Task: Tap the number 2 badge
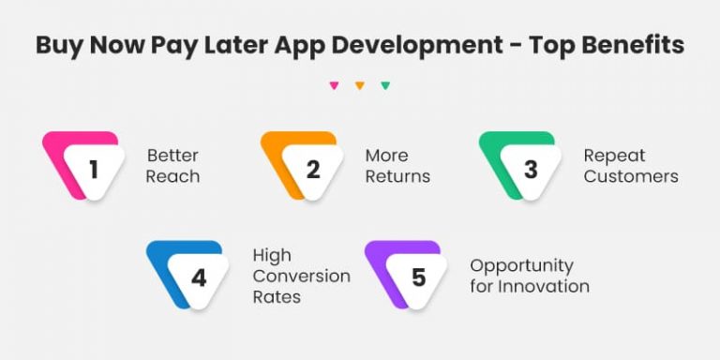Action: [x=312, y=169]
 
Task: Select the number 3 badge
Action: [x=530, y=169]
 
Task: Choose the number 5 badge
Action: [x=417, y=278]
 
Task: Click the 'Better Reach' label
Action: [x=173, y=166]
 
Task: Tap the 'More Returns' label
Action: [x=397, y=166]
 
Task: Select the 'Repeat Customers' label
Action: [x=630, y=166]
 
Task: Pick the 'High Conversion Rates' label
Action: [x=301, y=276]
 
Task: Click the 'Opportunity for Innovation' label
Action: [x=530, y=276]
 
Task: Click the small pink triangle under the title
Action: [x=334, y=85]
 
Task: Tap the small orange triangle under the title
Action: [x=359, y=85]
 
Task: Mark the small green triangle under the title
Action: [x=385, y=85]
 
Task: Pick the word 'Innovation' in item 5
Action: [x=544, y=286]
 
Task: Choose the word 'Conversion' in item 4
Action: [x=301, y=276]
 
